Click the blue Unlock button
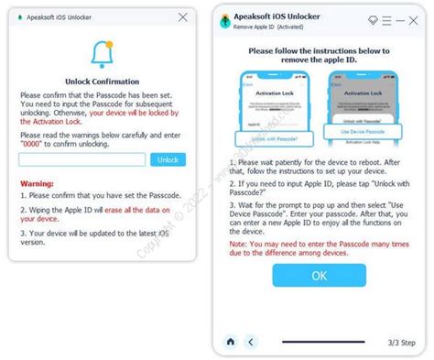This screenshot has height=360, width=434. [168, 158]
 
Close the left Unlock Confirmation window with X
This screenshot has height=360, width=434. [182, 16]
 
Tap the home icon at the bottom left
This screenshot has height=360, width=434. [230, 342]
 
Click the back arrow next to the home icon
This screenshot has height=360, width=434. [250, 342]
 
